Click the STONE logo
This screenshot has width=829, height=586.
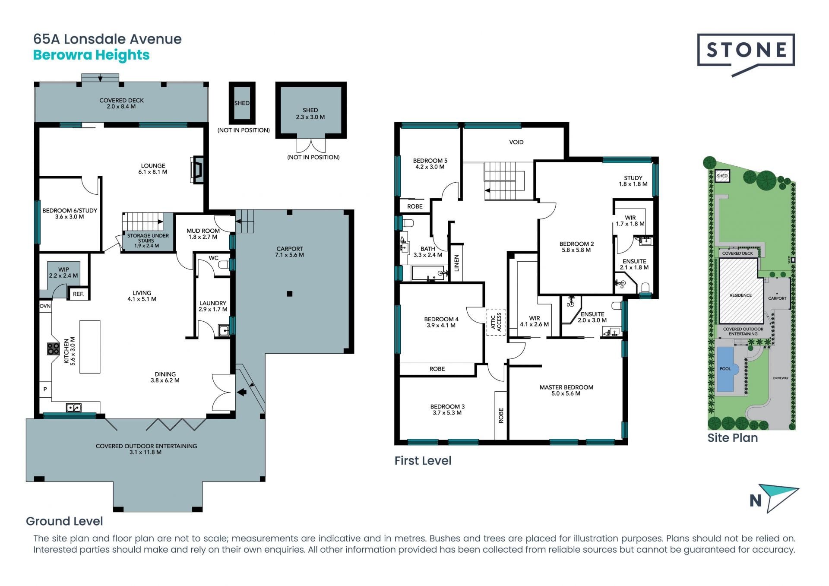click(x=746, y=54)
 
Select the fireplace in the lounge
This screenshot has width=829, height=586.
click(x=197, y=170)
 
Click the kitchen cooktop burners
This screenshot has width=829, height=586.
click(x=53, y=348)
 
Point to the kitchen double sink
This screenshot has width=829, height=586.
click(x=73, y=407)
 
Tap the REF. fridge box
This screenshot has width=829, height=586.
click(x=78, y=294)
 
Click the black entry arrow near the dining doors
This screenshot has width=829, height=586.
click(x=242, y=392)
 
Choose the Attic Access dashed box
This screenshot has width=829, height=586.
click(x=496, y=322)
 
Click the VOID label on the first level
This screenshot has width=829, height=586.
click(x=516, y=142)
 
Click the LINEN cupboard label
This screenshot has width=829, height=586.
click(x=456, y=263)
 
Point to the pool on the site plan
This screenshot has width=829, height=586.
click(x=725, y=369)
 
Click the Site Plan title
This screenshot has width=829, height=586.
click(x=732, y=438)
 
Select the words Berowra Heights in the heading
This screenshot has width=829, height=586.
click(x=92, y=55)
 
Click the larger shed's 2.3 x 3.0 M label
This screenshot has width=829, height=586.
click(x=310, y=117)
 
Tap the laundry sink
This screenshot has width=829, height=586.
click(x=224, y=330)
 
